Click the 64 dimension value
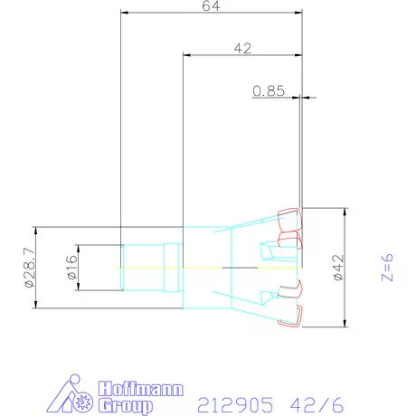coord(211,6)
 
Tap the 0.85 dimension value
coord(269,91)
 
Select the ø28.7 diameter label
coord(30,268)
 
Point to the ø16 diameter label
coord(72,268)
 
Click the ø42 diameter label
coord(339,268)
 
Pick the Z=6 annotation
coord(387,268)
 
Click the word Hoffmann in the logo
coord(141,389)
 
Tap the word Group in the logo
coord(126,406)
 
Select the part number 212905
coord(235,404)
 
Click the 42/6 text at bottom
coord(317,404)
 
